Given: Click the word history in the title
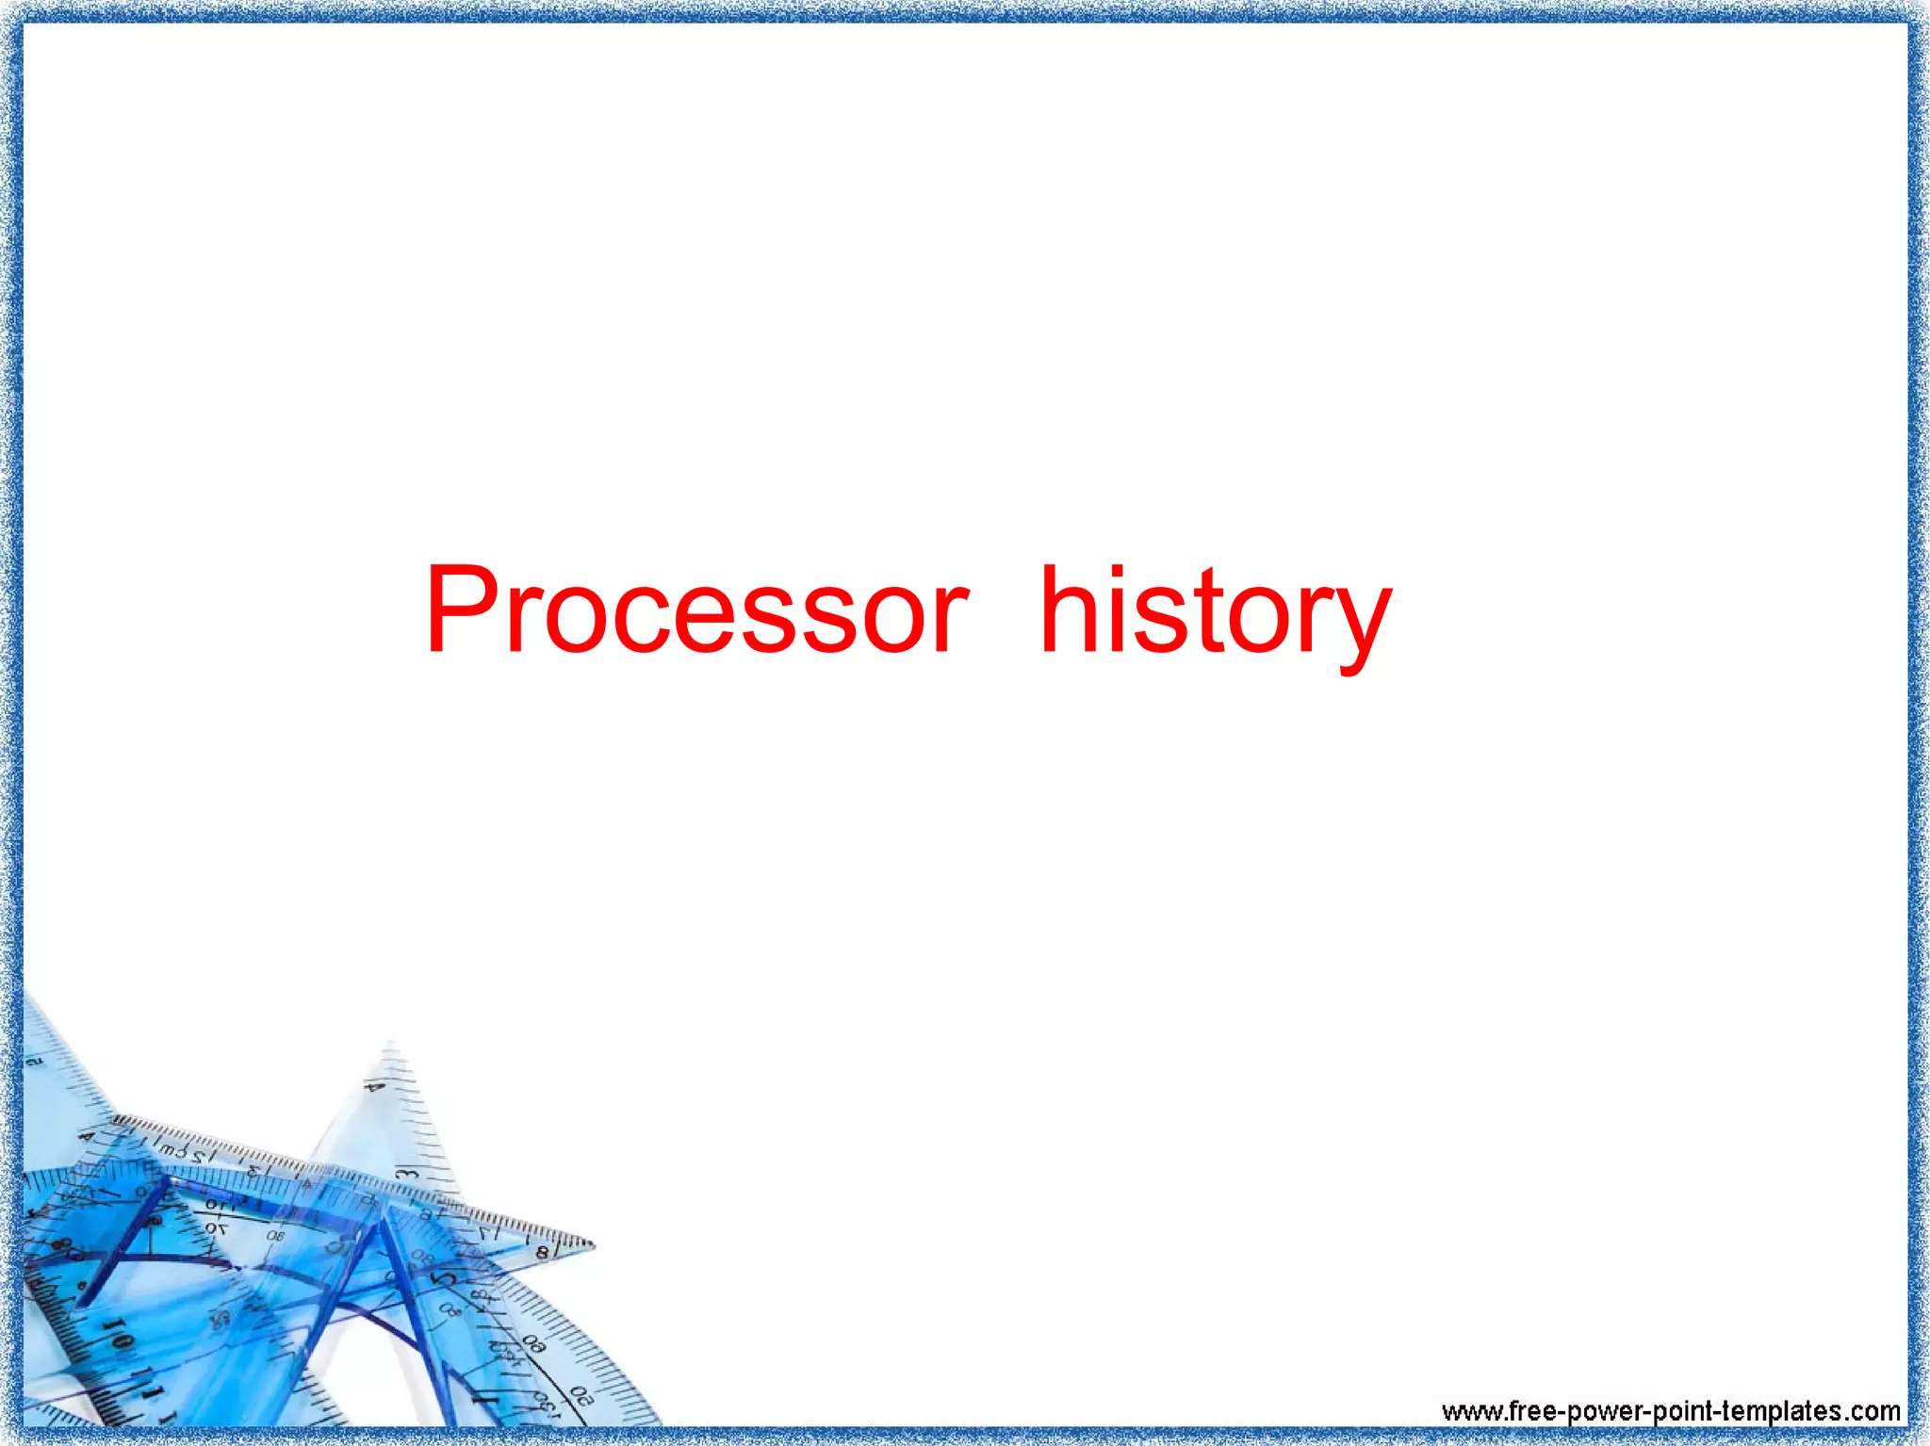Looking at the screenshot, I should [1215, 612].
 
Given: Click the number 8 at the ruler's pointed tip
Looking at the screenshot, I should [542, 1253].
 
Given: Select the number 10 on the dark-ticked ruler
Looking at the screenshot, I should [119, 1336].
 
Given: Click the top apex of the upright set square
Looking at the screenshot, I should [390, 1044].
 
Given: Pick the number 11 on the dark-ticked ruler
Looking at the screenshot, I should [143, 1381].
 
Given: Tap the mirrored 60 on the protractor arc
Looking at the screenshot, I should [533, 1344].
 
